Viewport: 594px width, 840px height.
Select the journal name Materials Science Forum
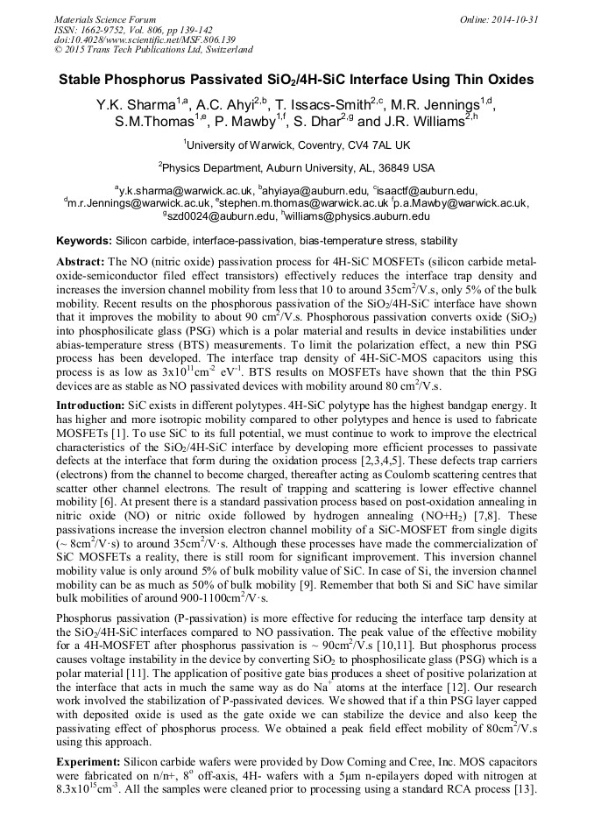(x=105, y=19)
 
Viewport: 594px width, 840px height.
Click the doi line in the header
(x=145, y=39)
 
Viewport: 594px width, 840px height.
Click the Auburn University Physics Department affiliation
(x=296, y=167)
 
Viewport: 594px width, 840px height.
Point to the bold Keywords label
(x=84, y=240)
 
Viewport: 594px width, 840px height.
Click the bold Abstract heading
(x=81, y=262)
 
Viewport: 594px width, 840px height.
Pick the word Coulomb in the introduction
(x=421, y=474)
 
